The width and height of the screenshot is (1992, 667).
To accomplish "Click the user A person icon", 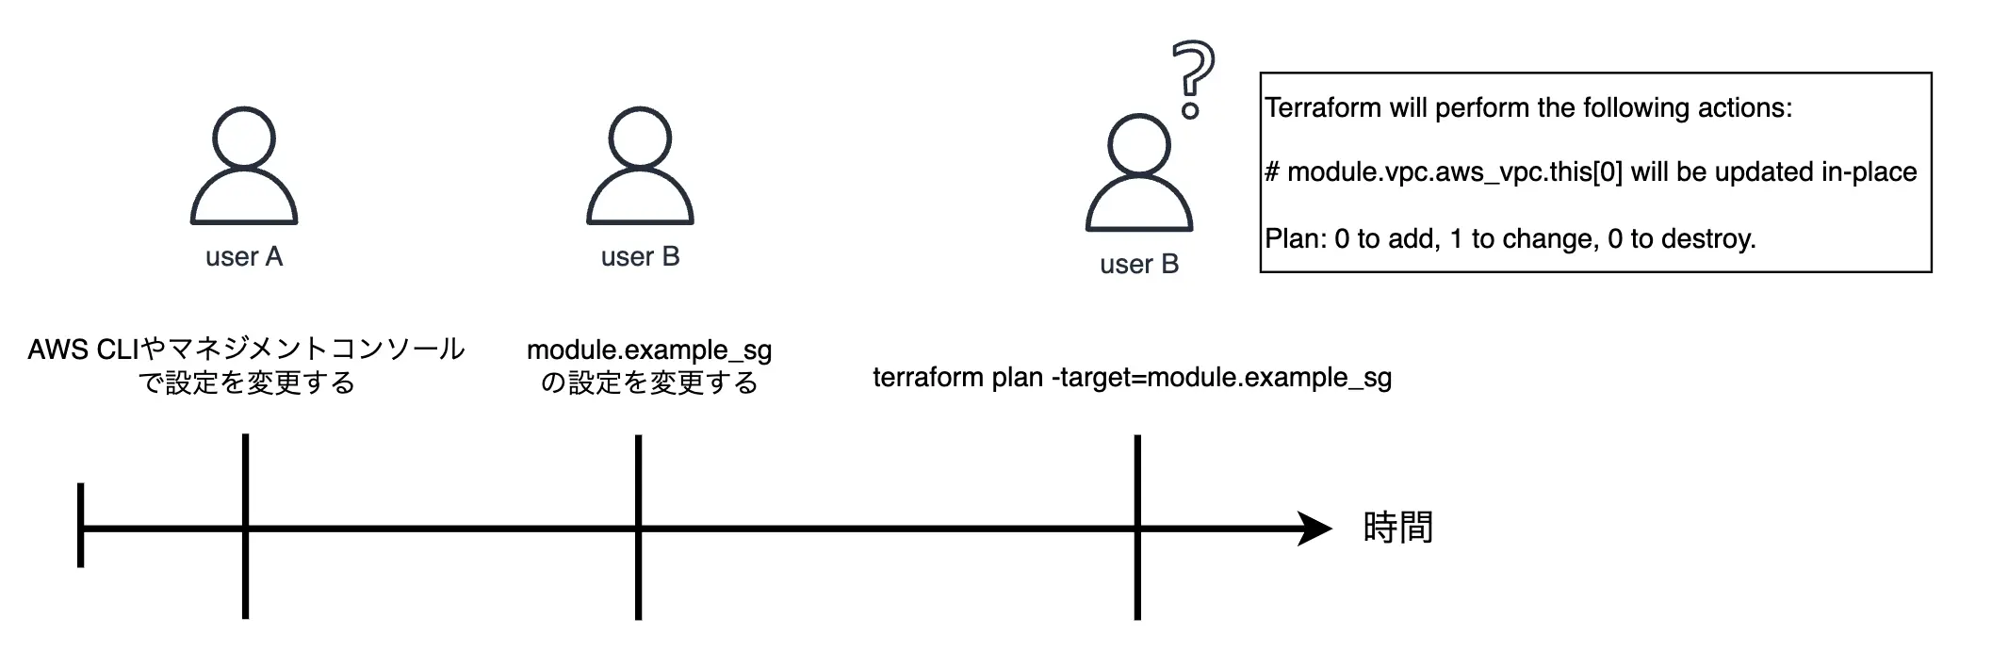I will coord(244,167).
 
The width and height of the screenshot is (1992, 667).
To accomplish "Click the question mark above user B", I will coord(1192,77).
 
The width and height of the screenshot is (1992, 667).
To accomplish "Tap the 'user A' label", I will coord(244,257).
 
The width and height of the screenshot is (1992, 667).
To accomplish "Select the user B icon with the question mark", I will coord(1139,174).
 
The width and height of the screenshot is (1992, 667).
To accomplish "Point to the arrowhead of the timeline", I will coord(1314,529).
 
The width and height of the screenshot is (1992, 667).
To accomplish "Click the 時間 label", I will coord(1397,528).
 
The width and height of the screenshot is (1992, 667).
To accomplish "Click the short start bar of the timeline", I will coord(81,526).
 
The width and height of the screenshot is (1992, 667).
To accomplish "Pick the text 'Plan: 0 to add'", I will coord(1352,239).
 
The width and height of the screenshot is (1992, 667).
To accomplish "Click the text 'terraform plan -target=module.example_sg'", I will coord(1132,378).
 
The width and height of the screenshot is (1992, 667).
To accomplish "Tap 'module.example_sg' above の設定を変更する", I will coord(649,350).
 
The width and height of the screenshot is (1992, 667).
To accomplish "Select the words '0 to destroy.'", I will coord(1681,239).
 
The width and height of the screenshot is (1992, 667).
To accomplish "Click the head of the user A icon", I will coord(244,138).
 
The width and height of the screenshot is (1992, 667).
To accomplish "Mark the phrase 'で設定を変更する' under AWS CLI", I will coord(247,382).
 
